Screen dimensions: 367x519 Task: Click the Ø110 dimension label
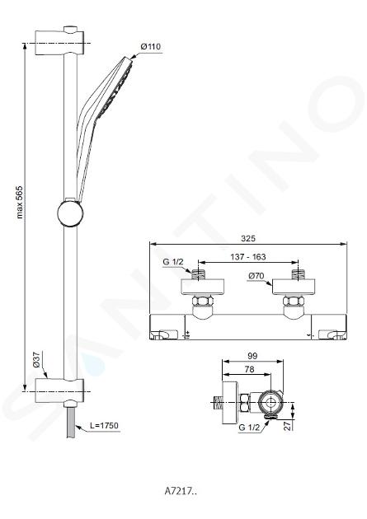pyautogui.click(x=151, y=47)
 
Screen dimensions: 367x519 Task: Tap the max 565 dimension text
pyautogui.click(x=20, y=202)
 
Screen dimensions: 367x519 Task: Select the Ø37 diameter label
pyautogui.click(x=36, y=359)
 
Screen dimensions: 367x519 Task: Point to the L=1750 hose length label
pyautogui.click(x=104, y=425)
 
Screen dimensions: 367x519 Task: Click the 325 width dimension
pyautogui.click(x=248, y=238)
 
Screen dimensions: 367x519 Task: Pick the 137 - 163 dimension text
pyautogui.click(x=248, y=257)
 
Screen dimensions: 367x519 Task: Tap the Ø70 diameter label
pyautogui.click(x=256, y=276)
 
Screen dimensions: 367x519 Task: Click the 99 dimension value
pyautogui.click(x=252, y=356)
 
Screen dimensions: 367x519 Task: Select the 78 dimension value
pyautogui.click(x=249, y=369)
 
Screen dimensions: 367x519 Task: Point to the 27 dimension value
pyautogui.click(x=289, y=425)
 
